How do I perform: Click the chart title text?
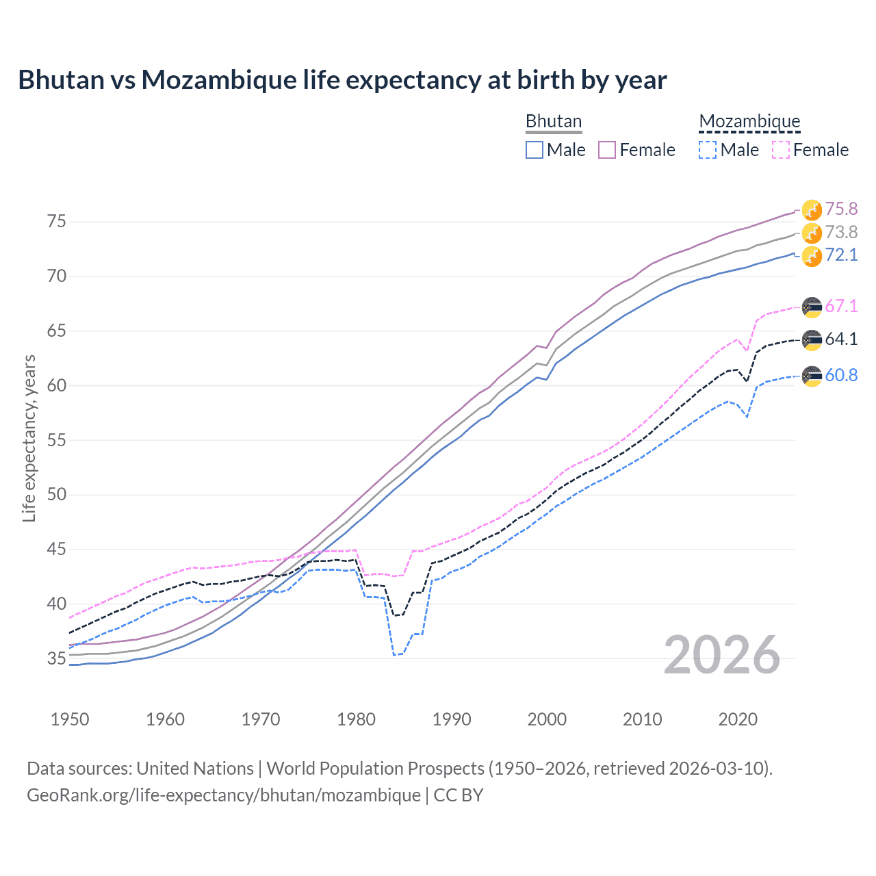[342, 80]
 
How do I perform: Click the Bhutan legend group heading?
[553, 122]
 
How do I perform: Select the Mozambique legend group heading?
[749, 122]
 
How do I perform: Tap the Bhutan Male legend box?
[534, 150]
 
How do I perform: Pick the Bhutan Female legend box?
[607, 150]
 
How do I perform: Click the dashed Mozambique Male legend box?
[708, 150]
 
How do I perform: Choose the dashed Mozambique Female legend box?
[781, 150]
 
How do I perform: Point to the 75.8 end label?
[841, 209]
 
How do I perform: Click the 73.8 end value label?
[841, 232]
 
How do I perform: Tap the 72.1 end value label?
[841, 255]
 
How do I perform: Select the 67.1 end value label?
[841, 306]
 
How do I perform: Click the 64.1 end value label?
[841, 339]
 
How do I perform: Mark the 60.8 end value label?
[841, 375]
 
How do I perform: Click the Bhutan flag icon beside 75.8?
[812, 209]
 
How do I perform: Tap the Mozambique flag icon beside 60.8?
[812, 376]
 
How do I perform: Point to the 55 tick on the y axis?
[57, 440]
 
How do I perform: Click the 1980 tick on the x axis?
[356, 719]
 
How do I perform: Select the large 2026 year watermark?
[722, 655]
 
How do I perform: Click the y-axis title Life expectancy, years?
[29, 438]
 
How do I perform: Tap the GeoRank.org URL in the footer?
[224, 795]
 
